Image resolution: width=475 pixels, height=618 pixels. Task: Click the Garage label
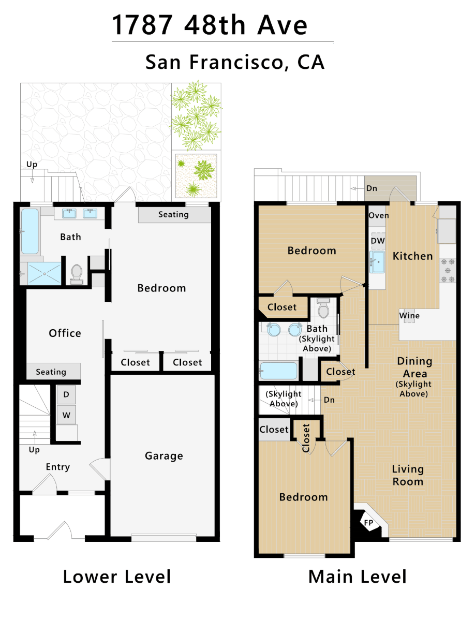[x=164, y=456]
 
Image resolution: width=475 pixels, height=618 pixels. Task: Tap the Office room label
[x=65, y=333]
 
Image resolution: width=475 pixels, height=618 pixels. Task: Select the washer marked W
[x=66, y=415]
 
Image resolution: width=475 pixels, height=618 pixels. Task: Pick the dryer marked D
[x=66, y=394]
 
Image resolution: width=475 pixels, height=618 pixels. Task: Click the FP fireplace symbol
[x=368, y=523]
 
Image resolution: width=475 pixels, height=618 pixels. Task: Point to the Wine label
[x=409, y=316]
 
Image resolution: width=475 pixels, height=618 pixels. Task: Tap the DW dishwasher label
[x=378, y=241]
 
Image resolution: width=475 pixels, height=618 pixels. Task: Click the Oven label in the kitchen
[x=379, y=216]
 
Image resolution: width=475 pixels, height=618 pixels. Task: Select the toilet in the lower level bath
[x=77, y=274]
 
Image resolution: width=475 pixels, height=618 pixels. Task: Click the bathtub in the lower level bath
[x=30, y=231]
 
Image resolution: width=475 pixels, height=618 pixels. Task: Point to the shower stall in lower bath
[x=44, y=273]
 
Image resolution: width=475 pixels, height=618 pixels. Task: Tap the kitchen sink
[x=377, y=262]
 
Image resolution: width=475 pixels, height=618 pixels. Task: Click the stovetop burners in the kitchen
[x=448, y=270]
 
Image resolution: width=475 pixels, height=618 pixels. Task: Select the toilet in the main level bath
[x=323, y=308]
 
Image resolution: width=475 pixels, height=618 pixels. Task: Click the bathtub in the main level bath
[x=278, y=371]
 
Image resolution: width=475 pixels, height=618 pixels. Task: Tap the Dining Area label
[x=415, y=367]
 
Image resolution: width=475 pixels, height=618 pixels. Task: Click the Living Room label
[x=408, y=475]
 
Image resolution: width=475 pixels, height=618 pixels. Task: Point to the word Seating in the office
[x=51, y=372]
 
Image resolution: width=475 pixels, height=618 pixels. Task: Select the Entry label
[x=58, y=467]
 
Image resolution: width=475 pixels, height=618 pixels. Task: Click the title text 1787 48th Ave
[x=210, y=25]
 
